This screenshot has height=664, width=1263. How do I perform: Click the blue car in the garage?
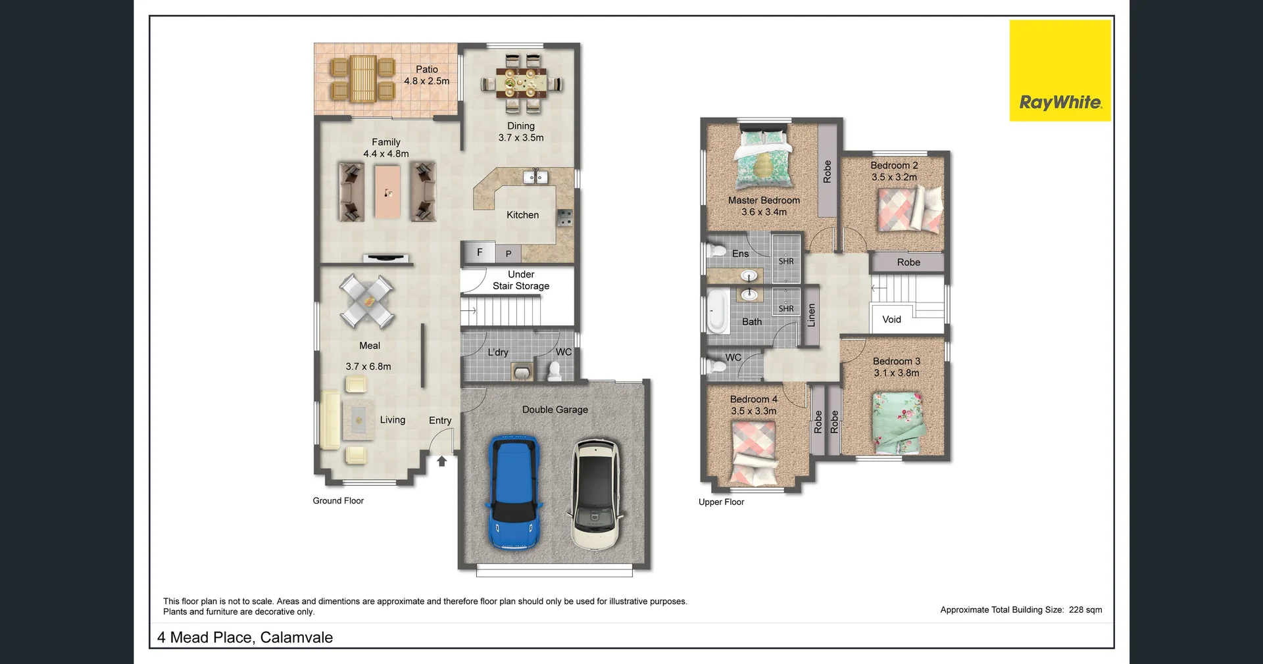tap(514, 491)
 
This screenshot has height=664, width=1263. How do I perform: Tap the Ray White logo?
tap(1060, 71)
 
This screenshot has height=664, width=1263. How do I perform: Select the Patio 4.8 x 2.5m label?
tap(427, 75)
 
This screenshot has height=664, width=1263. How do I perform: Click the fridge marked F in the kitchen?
tap(479, 252)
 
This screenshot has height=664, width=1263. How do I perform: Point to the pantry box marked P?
tap(508, 254)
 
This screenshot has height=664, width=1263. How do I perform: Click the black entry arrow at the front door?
tap(442, 462)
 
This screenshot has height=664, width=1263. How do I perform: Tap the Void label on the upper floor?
tap(891, 320)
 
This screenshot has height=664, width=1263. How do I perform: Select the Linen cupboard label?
tap(812, 316)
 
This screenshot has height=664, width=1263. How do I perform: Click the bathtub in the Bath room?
tap(716, 310)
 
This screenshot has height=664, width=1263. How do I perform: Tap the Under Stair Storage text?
tap(520, 280)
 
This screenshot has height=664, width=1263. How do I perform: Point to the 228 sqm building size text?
tap(1085, 609)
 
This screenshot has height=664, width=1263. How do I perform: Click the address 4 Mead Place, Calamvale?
tap(245, 637)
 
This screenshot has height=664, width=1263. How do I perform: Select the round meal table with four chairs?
tap(367, 301)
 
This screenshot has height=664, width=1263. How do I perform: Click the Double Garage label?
tap(555, 410)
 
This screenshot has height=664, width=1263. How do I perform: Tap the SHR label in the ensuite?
tap(786, 261)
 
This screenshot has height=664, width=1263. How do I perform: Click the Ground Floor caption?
tap(338, 501)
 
